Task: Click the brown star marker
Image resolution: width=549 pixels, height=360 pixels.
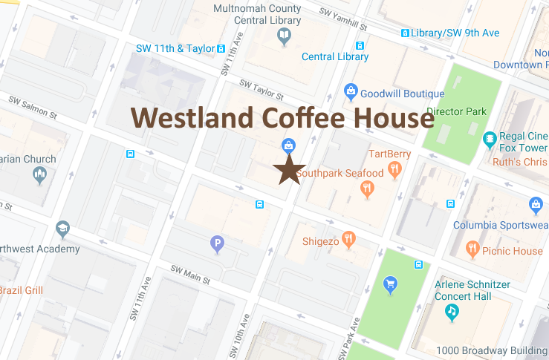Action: pyautogui.click(x=290, y=170)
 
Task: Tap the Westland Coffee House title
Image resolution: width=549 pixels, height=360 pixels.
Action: pyautogui.click(x=282, y=118)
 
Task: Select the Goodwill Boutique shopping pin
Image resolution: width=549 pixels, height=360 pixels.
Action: pyautogui.click(x=351, y=92)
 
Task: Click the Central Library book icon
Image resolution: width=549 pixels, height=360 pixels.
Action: pyautogui.click(x=285, y=36)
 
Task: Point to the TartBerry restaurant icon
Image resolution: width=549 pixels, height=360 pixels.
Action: pyautogui.click(x=395, y=168)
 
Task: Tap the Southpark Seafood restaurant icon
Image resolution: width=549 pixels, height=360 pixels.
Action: pyautogui.click(x=367, y=189)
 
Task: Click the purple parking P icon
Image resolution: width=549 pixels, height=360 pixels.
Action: pyautogui.click(x=217, y=243)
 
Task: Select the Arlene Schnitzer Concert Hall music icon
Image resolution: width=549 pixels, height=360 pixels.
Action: pyautogui.click(x=452, y=312)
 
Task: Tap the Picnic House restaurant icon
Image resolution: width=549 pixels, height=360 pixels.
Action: pyautogui.click(x=472, y=249)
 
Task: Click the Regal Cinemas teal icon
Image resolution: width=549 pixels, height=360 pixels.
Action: pyautogui.click(x=490, y=138)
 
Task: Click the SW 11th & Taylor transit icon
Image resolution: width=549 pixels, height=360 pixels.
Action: pyautogui.click(x=221, y=49)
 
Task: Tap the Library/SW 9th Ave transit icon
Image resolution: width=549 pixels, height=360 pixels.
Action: pyautogui.click(x=405, y=33)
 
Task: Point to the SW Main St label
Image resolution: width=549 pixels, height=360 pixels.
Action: pyautogui.click(x=191, y=275)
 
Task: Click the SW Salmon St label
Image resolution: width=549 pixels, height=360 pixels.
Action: pyautogui.click(x=33, y=106)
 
